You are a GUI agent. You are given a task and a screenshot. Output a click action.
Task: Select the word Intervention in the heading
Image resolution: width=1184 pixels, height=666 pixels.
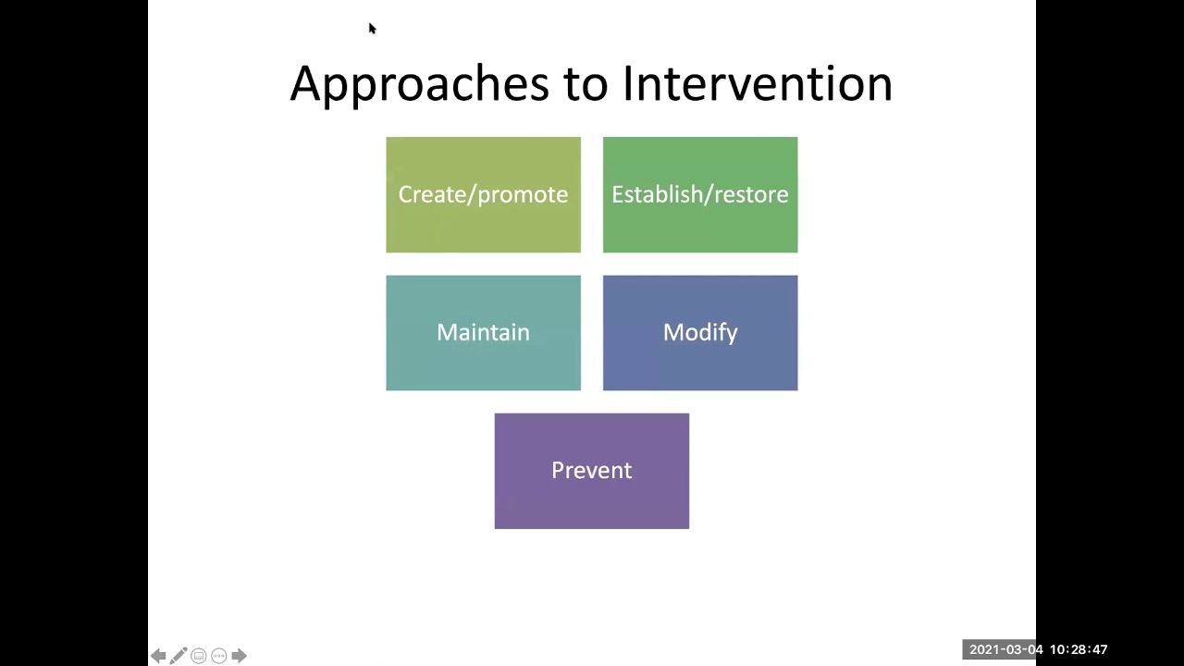pos(757,84)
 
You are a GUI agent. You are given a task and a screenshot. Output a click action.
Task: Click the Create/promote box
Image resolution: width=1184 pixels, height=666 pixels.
pos(483,194)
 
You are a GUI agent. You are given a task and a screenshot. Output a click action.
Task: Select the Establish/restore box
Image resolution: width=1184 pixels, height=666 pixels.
pos(699,194)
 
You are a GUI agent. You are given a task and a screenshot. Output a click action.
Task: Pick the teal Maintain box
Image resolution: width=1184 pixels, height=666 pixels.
pos(483,332)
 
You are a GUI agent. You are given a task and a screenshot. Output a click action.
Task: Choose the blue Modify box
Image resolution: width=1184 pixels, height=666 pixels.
pos(699,332)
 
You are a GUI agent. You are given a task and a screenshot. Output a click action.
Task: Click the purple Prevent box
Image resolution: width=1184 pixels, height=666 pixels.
pos(591,470)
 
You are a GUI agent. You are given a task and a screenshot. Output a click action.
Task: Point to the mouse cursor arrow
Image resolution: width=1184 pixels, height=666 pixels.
pos(372,29)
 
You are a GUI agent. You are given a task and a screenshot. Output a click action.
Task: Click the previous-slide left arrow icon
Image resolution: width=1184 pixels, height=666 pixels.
pos(158,656)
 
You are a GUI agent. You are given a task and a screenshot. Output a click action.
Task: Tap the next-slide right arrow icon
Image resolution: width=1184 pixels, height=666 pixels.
pos(239,656)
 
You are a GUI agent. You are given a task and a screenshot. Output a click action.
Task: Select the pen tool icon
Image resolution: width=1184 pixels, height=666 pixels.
pos(179,656)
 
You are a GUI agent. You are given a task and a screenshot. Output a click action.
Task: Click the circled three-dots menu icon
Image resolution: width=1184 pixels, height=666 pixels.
pos(219,656)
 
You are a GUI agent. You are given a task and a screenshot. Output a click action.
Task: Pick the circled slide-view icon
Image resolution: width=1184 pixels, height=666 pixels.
pos(199,656)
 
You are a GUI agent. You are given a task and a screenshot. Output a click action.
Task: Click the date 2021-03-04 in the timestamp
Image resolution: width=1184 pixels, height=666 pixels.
pos(1006,649)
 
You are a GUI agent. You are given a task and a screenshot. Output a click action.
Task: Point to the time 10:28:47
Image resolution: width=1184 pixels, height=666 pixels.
pos(1078,649)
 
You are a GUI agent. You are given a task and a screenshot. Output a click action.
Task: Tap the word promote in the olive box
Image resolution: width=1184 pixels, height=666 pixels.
pos(524,194)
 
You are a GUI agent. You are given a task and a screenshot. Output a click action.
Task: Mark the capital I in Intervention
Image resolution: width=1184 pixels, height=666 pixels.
pos(627,84)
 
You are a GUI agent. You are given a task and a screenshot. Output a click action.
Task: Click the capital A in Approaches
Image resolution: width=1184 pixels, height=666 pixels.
pos(305,84)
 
